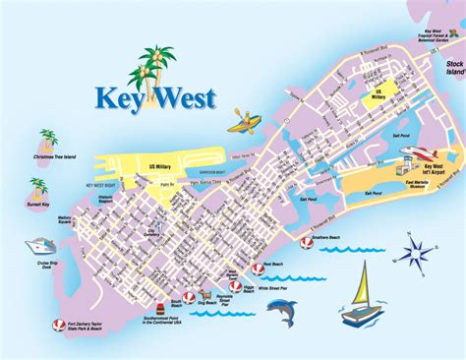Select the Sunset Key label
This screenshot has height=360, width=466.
click(34, 208)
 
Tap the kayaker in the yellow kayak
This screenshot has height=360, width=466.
click(243, 123)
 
